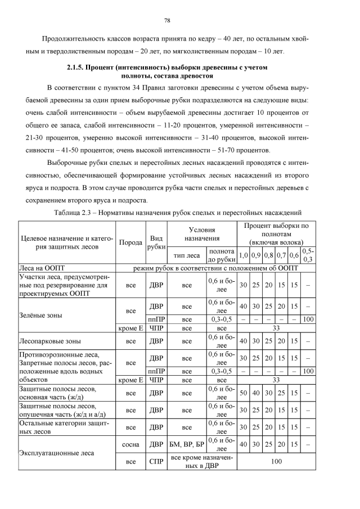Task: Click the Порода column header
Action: pos(131,242)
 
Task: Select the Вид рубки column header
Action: pos(156,242)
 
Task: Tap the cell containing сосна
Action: pos(131,444)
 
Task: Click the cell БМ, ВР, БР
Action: pos(186,444)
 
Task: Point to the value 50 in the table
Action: pos(244,393)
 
